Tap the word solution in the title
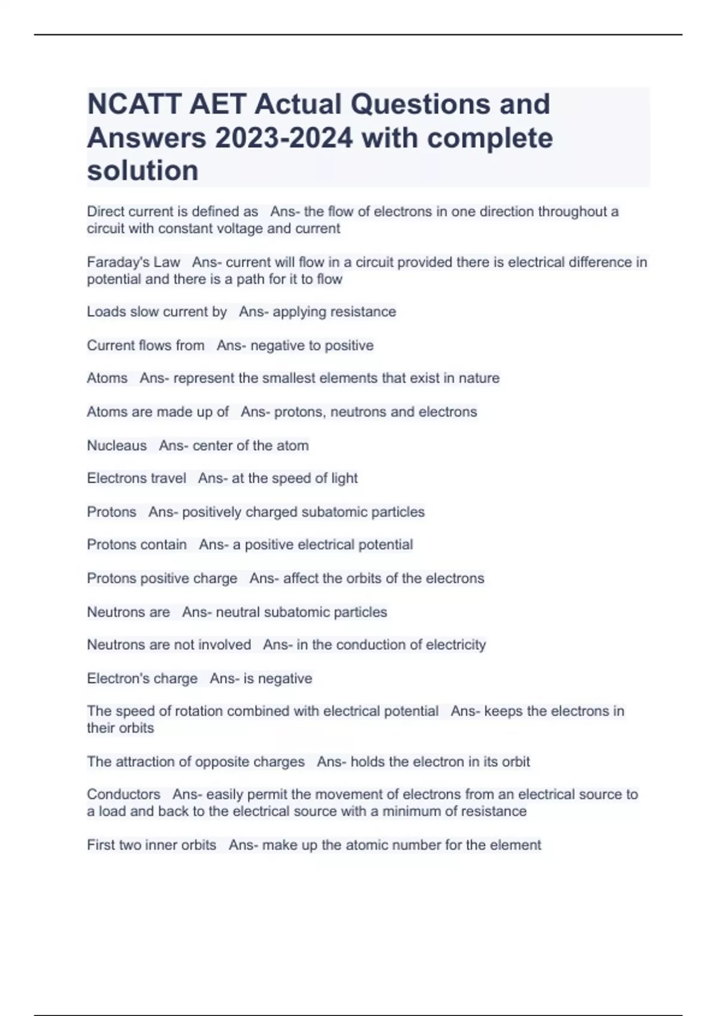[143, 171]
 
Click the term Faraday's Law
[133, 262]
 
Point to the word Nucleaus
[117, 446]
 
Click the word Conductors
[123, 794]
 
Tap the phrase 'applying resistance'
[334, 312]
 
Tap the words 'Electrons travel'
[136, 478]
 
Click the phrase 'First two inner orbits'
[151, 845]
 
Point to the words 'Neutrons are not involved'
[168, 645]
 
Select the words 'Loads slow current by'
[157, 312]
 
